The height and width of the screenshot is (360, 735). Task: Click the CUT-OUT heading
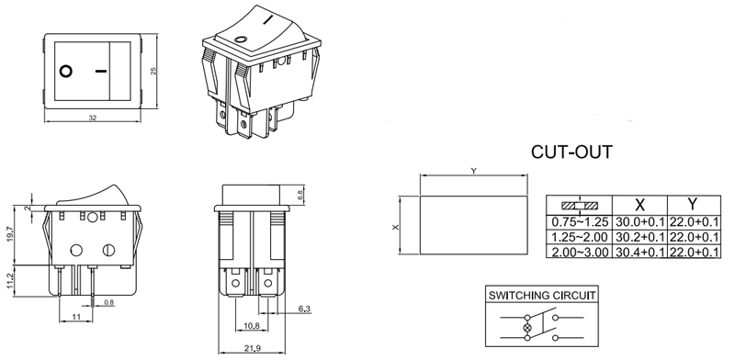(571, 151)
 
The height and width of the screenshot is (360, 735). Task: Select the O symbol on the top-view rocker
(66, 71)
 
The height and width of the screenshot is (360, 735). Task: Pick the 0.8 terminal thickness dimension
(108, 303)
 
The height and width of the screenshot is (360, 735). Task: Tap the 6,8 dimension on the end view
(301, 195)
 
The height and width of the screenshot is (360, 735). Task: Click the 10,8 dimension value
(249, 326)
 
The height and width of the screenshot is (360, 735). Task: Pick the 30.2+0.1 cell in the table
(639, 237)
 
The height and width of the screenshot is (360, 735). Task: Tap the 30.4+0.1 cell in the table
(639, 251)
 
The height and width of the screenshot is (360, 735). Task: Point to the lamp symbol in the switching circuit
(526, 328)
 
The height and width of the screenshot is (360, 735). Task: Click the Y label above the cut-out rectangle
(473, 172)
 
